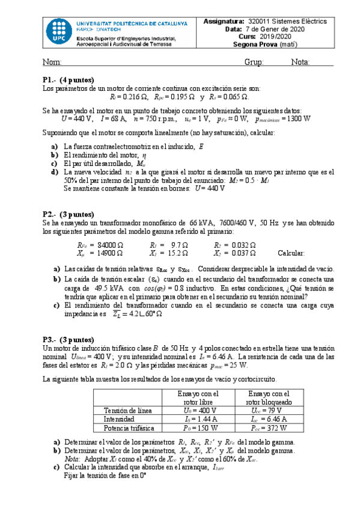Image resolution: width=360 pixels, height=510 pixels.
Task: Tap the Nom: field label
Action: (52, 63)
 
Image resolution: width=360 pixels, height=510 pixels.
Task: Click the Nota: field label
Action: (301, 63)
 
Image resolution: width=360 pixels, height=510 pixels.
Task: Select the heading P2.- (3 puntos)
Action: (68, 214)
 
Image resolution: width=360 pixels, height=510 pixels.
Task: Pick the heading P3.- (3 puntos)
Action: (68, 339)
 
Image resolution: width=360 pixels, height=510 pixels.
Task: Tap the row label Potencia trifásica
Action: (130, 428)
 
